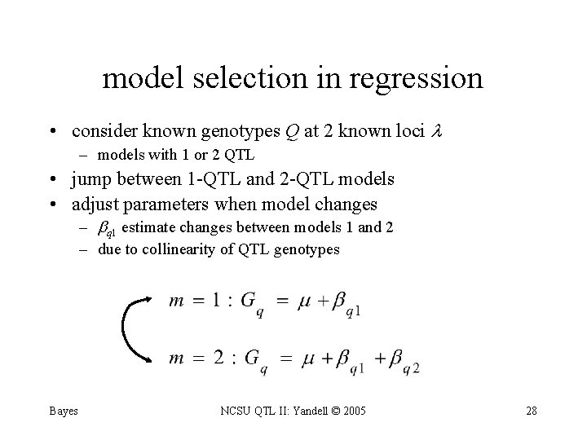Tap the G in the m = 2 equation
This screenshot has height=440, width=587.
[253, 358]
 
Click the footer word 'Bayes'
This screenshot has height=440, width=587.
[62, 411]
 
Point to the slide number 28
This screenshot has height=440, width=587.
[531, 411]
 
